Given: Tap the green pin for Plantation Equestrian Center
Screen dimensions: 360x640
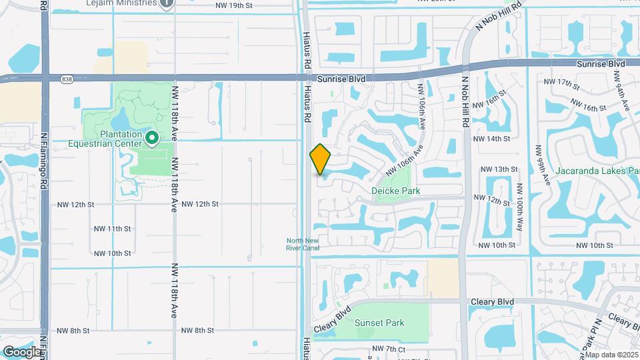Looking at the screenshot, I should (x=152, y=138).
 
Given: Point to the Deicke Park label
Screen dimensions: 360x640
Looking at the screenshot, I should (x=396, y=191).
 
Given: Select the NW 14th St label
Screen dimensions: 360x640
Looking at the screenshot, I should (x=491, y=139).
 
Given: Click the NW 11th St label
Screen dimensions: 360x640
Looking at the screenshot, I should (x=112, y=229).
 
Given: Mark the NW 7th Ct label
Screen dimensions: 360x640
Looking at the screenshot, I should (x=389, y=349).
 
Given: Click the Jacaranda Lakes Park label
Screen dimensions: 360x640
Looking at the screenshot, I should (x=596, y=171).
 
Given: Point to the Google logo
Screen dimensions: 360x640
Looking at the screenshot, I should (x=21, y=351).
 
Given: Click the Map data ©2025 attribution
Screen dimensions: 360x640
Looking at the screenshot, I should (x=611, y=355).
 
